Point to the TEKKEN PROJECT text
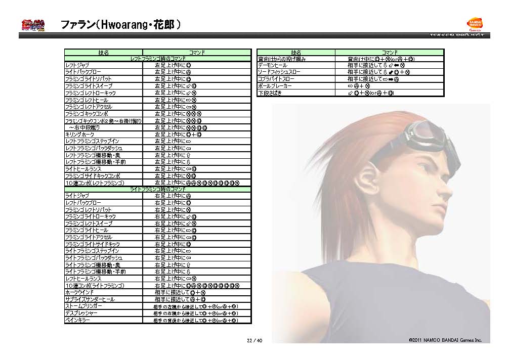(x=457, y=35)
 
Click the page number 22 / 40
(x=254, y=340)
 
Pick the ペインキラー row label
(x=78, y=320)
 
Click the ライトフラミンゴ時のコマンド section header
(x=157, y=189)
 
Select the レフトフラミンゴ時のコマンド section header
(x=157, y=59)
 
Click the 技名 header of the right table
(x=296, y=53)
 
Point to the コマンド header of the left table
(x=197, y=53)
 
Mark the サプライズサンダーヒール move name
(x=90, y=299)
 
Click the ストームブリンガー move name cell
(x=83, y=306)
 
